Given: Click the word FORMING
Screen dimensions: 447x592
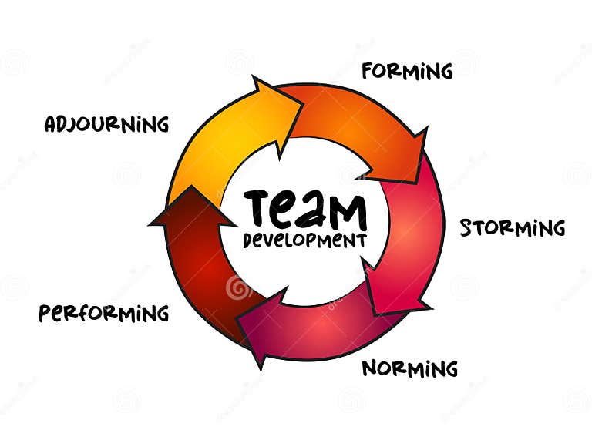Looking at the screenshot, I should [407, 72].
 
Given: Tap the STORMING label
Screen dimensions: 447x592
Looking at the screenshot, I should [512, 228].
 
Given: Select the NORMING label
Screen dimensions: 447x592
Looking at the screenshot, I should [409, 368].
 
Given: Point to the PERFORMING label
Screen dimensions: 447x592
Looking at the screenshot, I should [104, 313].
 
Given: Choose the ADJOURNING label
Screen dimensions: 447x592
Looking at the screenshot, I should [106, 124].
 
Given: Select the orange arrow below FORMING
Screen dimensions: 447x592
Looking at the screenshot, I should [355, 123].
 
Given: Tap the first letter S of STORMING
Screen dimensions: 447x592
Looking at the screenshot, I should [466, 228].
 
